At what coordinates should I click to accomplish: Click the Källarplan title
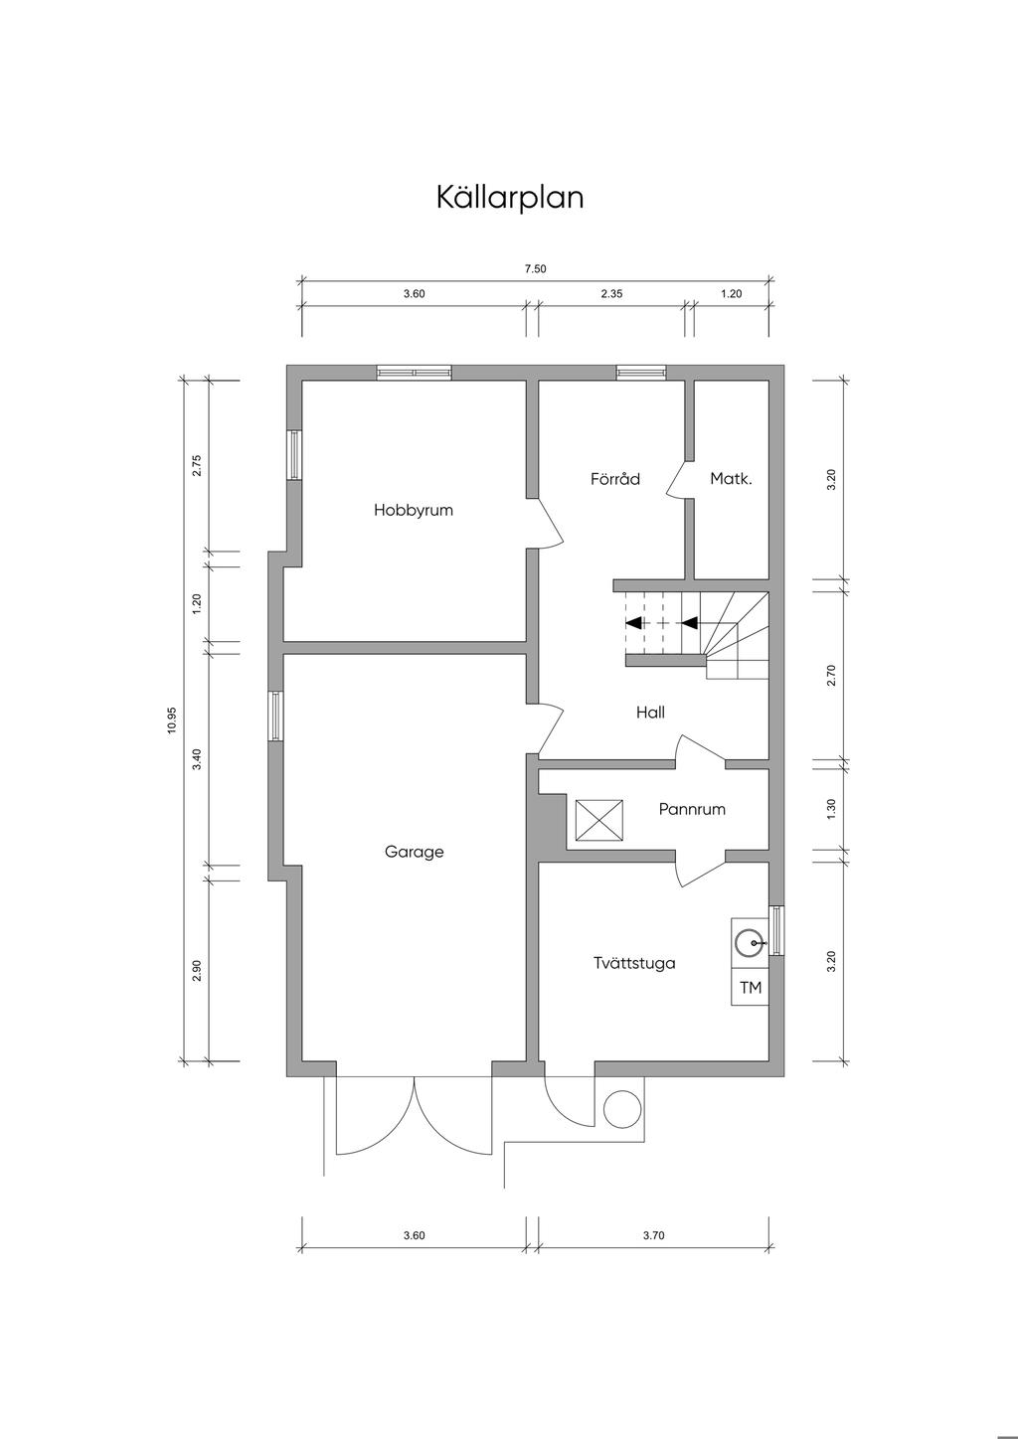click(510, 197)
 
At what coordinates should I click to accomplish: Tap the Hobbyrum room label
click(414, 510)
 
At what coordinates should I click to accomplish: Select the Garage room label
click(414, 852)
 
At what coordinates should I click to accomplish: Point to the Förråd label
click(615, 479)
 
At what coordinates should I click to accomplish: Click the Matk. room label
click(731, 479)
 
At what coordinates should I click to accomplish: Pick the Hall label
click(650, 712)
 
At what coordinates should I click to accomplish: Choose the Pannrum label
click(692, 809)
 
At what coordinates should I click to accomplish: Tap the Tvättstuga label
click(634, 963)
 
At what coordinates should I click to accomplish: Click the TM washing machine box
click(750, 987)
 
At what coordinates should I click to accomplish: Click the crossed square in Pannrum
click(599, 820)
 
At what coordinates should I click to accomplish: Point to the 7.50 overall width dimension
click(536, 269)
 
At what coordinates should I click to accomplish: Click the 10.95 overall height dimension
click(172, 720)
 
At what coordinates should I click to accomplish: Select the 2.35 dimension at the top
click(611, 293)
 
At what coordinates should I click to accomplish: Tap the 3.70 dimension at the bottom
click(653, 1234)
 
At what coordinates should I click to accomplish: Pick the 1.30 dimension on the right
click(831, 808)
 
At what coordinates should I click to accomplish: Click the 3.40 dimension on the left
click(197, 759)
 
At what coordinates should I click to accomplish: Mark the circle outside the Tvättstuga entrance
click(621, 1109)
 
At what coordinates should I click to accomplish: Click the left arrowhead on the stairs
click(633, 622)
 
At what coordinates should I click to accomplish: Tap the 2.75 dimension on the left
click(197, 465)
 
